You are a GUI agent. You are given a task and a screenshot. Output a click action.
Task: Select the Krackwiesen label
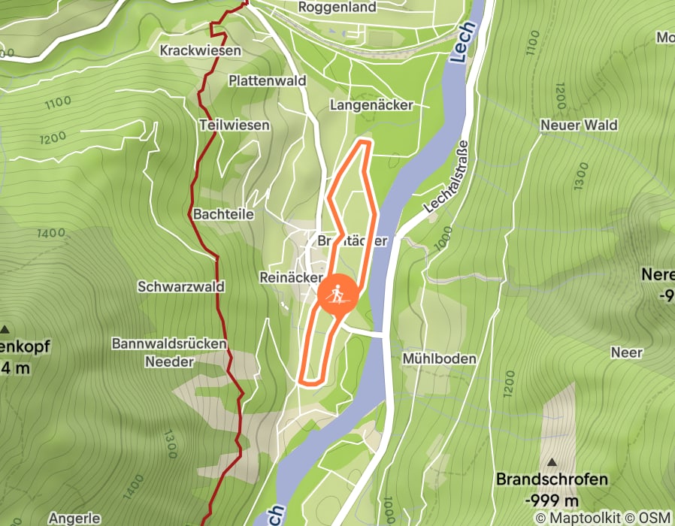click(200, 50)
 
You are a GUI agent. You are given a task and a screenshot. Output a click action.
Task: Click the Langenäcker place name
click(371, 106)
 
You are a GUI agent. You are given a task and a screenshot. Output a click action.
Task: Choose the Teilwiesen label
click(235, 125)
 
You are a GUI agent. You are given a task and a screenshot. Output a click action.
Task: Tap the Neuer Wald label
click(579, 125)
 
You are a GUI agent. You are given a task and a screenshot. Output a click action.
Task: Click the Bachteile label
click(223, 214)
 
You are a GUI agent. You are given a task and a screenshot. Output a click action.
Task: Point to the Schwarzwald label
click(172, 286)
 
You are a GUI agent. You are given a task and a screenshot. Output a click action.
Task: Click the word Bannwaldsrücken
click(169, 344)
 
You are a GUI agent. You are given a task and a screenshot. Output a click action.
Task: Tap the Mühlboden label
click(439, 358)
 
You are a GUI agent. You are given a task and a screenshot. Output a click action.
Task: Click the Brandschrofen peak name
click(552, 479)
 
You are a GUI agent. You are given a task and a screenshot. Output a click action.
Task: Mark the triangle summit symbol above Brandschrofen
click(552, 462)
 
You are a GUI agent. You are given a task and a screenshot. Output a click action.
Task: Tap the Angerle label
click(74, 518)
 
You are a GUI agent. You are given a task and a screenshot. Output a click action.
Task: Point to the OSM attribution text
click(655, 517)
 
